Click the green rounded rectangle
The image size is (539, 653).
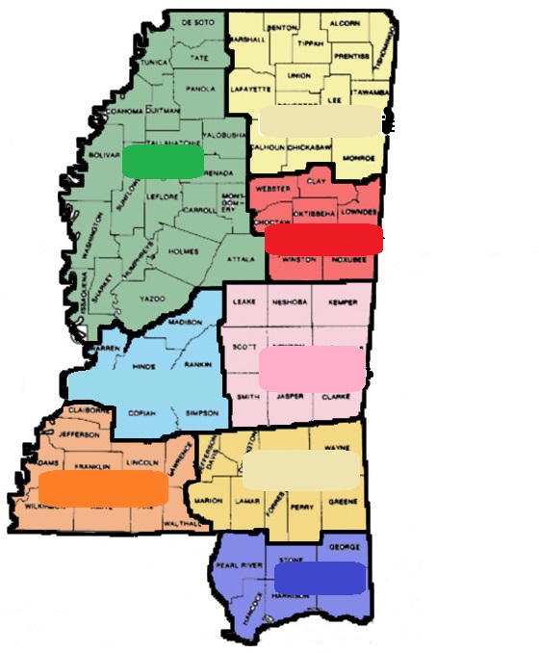click(x=163, y=161)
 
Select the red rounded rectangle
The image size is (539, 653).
click(x=323, y=238)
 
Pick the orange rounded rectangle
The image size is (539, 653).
click(x=102, y=486)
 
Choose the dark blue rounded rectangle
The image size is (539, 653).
click(x=320, y=577)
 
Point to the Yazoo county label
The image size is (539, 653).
click(x=152, y=300)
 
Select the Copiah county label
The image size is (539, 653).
click(x=141, y=410)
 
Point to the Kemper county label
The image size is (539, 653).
click(x=342, y=301)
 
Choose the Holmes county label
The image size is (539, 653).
click(x=183, y=251)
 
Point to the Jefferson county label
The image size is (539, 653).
click(x=80, y=434)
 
